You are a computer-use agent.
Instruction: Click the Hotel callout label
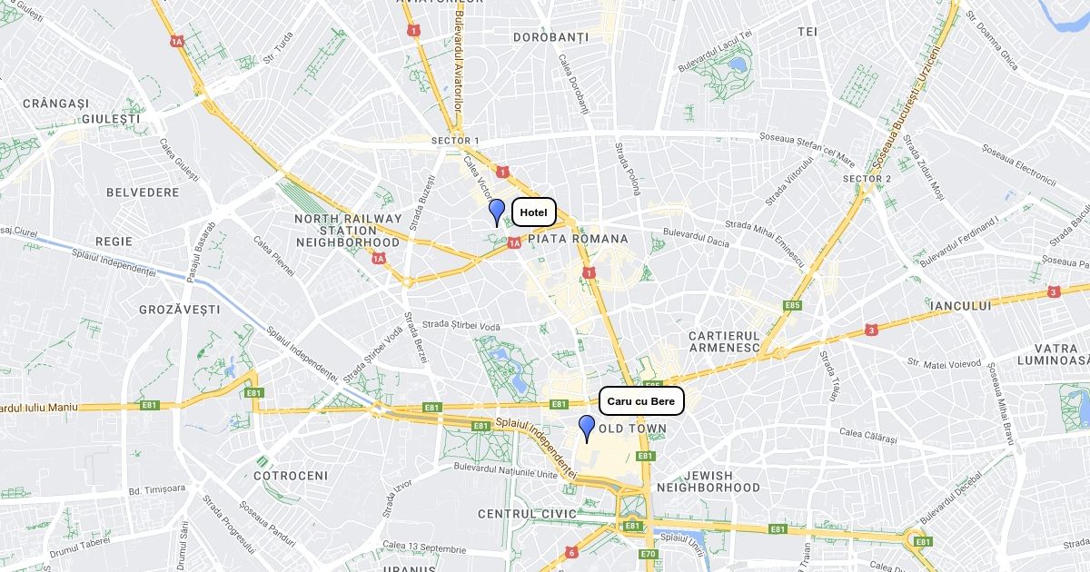[534, 212]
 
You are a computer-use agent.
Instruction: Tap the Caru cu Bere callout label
[641, 401]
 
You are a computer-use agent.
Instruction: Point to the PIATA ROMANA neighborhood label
[578, 239]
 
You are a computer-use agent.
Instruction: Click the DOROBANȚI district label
[550, 37]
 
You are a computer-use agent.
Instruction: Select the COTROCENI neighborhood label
[291, 476]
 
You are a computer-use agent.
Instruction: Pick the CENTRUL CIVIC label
[527, 514]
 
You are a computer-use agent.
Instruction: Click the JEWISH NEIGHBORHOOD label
[708, 481]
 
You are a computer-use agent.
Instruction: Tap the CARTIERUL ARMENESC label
[724, 341]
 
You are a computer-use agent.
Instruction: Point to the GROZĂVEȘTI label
[180, 310]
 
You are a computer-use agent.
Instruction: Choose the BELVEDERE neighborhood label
[143, 192]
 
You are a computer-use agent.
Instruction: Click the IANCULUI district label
[961, 306]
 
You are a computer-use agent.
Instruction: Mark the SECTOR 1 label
[455, 141]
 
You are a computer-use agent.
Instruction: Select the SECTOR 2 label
[867, 179]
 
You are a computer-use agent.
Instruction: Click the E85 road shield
[793, 305]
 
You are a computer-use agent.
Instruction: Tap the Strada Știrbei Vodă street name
[461, 325]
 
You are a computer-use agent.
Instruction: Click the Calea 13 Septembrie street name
[424, 547]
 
